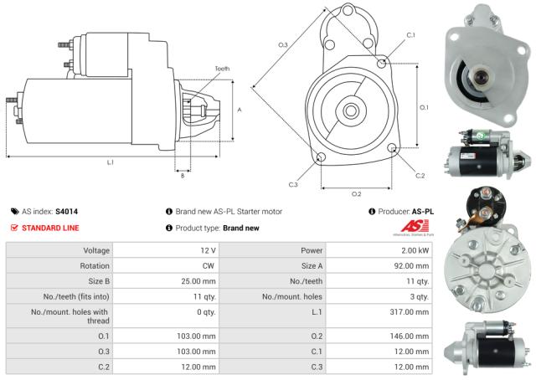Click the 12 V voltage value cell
(x=208, y=250)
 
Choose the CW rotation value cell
(x=209, y=265)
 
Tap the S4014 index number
(x=67, y=212)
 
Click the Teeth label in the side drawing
(x=222, y=69)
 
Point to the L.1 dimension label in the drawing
(x=111, y=162)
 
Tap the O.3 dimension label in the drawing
(x=282, y=44)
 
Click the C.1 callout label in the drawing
(x=410, y=34)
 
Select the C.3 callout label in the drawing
(x=293, y=184)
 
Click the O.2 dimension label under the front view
(x=356, y=193)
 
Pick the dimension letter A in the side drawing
(x=240, y=110)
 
